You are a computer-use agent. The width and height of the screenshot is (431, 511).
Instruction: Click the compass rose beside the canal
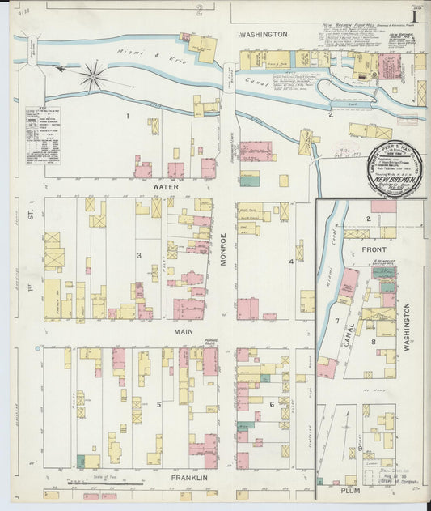pos(94,78)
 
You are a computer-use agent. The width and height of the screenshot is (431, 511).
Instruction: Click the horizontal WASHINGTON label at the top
pos(263,35)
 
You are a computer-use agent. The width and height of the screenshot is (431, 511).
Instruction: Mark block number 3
pos(139,256)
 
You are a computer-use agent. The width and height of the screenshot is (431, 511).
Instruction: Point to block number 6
pos(272,404)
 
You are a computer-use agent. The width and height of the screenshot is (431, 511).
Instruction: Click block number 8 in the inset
pos(373,342)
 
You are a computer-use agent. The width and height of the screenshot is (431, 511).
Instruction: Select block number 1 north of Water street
pos(127,117)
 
